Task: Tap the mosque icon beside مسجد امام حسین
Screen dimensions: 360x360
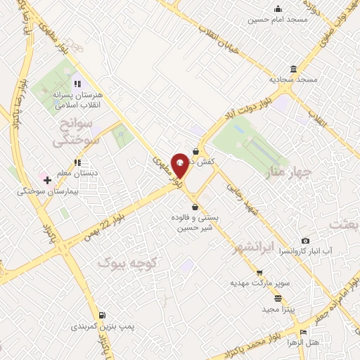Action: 278,9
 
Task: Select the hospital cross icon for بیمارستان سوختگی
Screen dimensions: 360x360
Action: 47,181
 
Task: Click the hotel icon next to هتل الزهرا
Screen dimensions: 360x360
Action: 303,333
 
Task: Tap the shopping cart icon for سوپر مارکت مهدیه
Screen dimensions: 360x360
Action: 259,273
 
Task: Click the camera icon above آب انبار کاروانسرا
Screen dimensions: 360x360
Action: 305,240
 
